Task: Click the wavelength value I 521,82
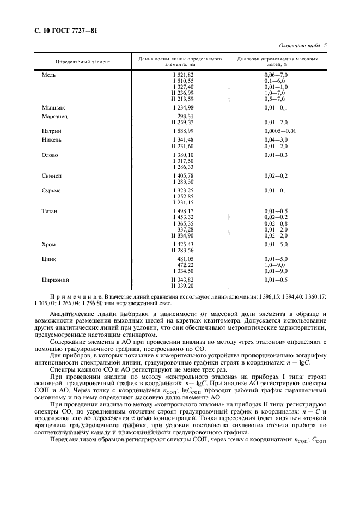pyautogui.click(x=182, y=74)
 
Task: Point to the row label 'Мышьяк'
pyautogui.click(x=53, y=108)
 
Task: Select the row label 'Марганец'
pyautogui.click(x=54, y=117)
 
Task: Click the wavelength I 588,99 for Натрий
pyautogui.click(x=182, y=131)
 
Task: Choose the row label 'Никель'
pyautogui.click(x=52, y=140)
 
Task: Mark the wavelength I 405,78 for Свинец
pyautogui.click(x=182, y=175)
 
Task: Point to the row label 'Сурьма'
pyautogui.click(x=52, y=191)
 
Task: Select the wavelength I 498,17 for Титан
pyautogui.click(x=182, y=211)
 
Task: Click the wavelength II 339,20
pyautogui.click(x=182, y=286)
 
